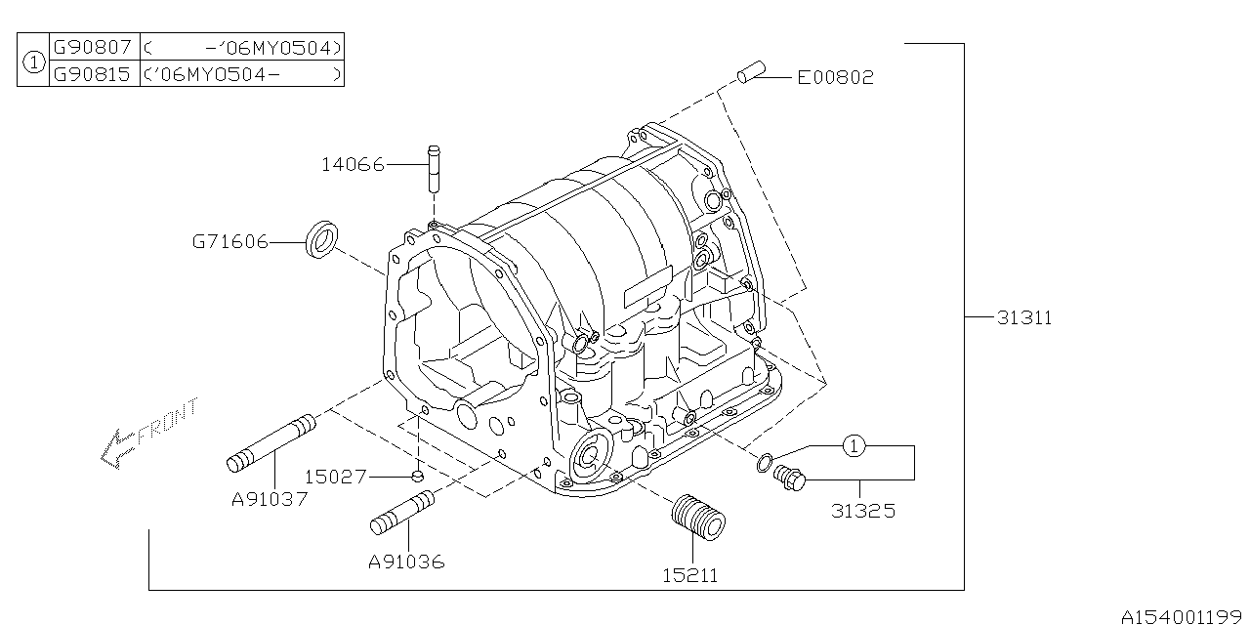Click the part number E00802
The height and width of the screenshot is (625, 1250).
835,77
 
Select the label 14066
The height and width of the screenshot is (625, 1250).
353,165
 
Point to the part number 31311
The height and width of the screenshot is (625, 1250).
1024,317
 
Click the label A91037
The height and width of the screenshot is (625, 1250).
270,499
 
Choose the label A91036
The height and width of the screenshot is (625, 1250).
406,562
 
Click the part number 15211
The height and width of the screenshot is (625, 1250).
689,575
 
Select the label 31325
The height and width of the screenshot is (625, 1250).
862,511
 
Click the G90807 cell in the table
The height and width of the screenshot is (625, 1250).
91,46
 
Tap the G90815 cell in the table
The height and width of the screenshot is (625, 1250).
91,73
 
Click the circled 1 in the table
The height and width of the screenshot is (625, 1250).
33,61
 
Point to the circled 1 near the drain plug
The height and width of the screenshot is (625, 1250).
854,446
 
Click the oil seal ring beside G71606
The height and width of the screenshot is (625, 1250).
322,240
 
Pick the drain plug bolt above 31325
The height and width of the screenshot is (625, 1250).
787,478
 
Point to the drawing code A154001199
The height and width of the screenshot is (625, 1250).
1183,616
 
